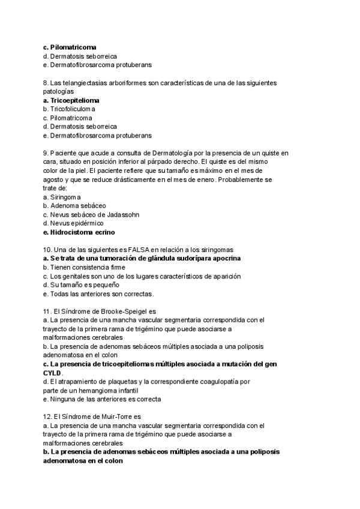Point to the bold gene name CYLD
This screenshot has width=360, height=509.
coord(52,373)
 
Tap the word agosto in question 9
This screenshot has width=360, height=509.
coord(55,179)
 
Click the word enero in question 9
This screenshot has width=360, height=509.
coord(203,179)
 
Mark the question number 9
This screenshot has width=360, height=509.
coord(46,153)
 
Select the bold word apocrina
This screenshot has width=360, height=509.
coord(224,258)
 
